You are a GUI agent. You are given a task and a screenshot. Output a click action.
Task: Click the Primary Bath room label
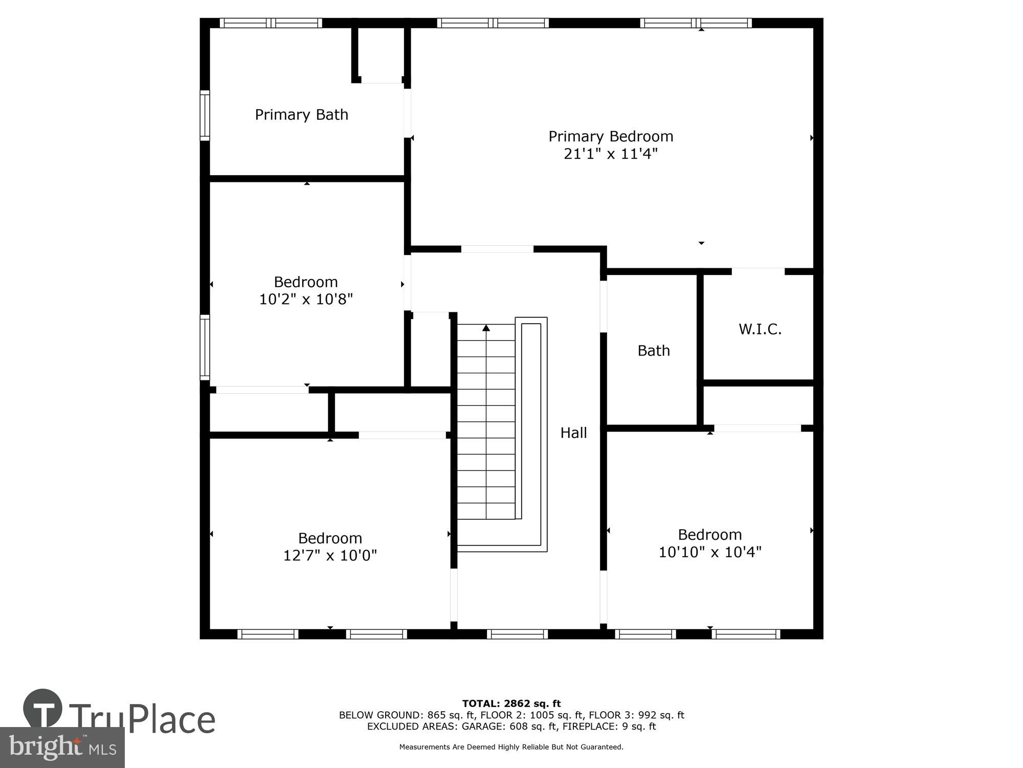coord(301,115)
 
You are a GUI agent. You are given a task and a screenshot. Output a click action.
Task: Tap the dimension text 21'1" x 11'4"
coord(610,154)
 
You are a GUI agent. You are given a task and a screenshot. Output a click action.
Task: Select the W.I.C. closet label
coord(760,329)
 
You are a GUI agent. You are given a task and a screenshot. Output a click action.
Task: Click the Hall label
coord(573,433)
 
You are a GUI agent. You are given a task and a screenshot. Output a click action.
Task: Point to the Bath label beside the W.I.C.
coord(653,351)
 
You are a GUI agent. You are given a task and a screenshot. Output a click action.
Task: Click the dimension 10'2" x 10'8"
coord(306,300)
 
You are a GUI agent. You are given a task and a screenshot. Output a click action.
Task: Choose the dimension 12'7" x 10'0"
coord(330,556)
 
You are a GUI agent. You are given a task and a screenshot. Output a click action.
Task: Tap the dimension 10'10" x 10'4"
coord(709,552)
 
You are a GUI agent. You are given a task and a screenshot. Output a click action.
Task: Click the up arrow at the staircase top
coord(486,328)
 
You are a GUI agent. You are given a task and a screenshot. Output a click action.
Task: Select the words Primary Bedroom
coord(610,136)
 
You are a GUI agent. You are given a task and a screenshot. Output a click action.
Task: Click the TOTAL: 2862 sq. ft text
coord(511,703)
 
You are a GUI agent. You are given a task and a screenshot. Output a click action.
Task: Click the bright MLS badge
coord(62,748)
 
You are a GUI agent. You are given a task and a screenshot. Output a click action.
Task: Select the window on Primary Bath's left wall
coord(205,115)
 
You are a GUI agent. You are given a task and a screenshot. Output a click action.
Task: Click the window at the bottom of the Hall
coord(517,634)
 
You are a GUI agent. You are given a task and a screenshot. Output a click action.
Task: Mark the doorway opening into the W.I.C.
coord(758,271)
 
